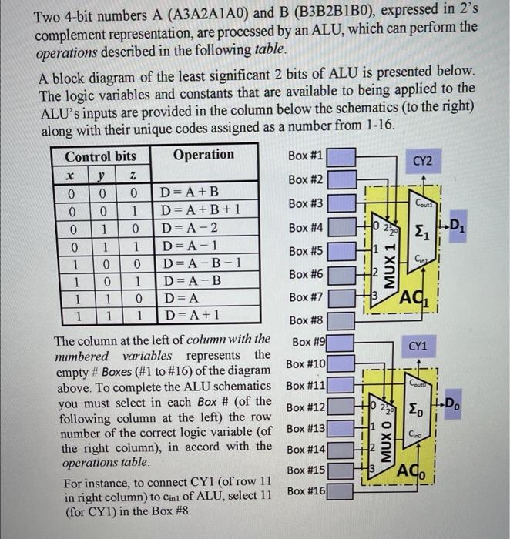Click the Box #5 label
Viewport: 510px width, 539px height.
coord(308,251)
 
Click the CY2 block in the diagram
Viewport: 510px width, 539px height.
coord(422,162)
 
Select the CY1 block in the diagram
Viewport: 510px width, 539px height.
coord(418,348)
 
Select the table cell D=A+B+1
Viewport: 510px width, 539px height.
coord(194,209)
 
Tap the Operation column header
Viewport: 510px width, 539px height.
coord(203,155)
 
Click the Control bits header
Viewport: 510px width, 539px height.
coord(100,156)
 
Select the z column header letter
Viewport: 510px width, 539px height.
coord(133,175)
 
